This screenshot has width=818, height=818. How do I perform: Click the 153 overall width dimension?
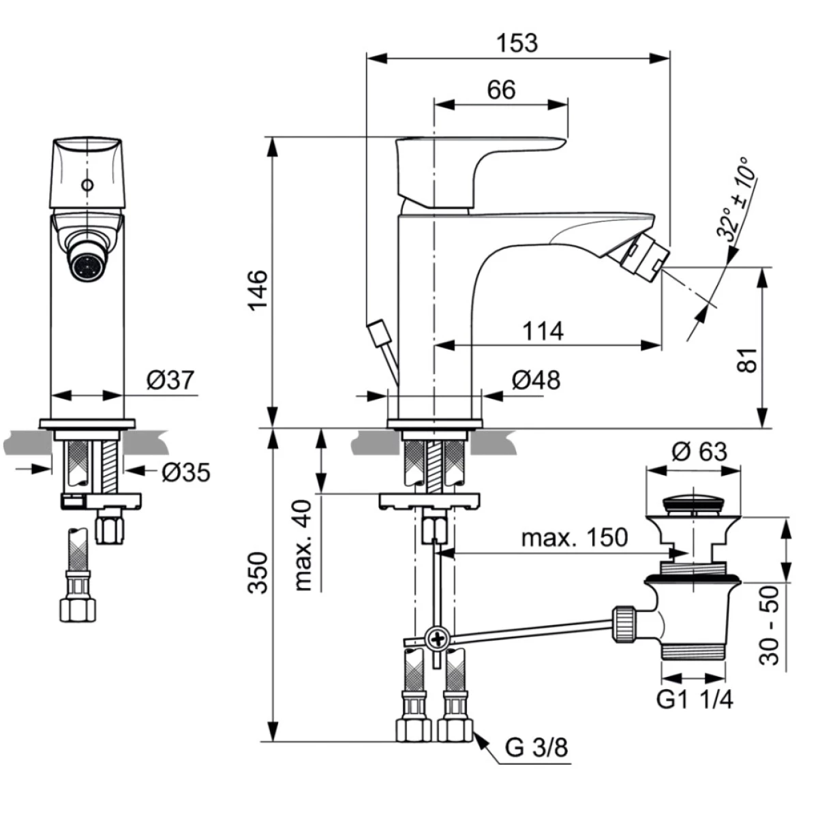coord(517,43)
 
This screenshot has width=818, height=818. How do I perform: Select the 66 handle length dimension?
coord(502,90)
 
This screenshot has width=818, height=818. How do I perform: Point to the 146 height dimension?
coord(258,290)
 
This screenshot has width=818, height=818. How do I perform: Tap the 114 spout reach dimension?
coord(543,331)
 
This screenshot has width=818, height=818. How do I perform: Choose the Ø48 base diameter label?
coord(536,380)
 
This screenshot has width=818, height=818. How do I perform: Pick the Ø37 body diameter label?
coord(170,380)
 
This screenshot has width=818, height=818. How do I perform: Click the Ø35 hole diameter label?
coord(185,472)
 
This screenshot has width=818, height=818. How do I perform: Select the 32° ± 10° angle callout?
coord(736,198)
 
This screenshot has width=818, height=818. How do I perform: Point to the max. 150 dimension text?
coord(574,537)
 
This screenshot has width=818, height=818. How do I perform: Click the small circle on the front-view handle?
coord(86,185)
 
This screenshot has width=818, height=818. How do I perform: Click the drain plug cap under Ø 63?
coord(693,504)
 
